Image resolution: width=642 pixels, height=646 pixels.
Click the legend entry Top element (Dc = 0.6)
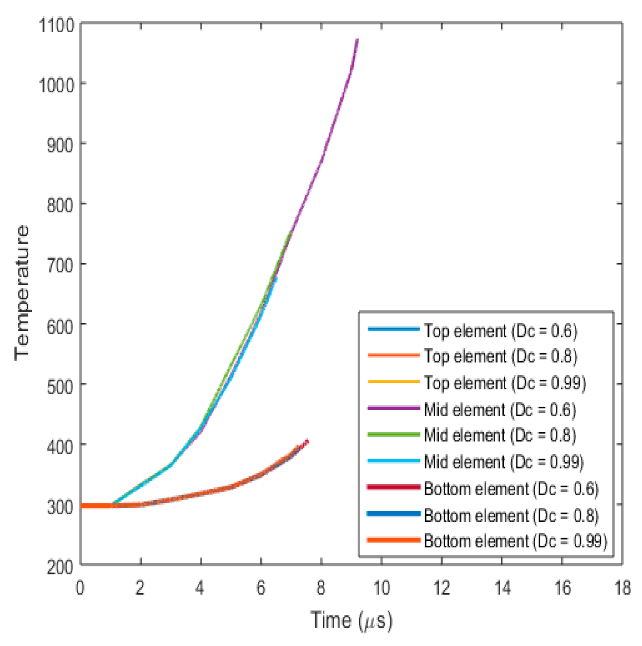pos(500,331)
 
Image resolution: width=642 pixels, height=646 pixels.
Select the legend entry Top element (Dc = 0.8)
pos(500,356)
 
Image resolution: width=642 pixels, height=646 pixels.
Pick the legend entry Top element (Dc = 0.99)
pos(505,383)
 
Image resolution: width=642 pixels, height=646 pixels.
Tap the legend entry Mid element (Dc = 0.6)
pos(500,410)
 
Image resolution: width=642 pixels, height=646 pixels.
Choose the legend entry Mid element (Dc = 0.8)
pos(500,435)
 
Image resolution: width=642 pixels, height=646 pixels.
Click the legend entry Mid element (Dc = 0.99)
pos(504,462)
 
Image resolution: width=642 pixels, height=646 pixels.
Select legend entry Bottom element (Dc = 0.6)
pos(511,489)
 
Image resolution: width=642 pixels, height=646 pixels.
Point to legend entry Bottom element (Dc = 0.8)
pos(511,516)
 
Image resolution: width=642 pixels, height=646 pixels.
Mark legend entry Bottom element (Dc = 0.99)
pos(516,541)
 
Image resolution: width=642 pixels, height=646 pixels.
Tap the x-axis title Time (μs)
pos(352,620)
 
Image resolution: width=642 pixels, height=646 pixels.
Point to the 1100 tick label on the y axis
pos(57,25)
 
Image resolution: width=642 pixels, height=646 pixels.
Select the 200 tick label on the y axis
pos(60,567)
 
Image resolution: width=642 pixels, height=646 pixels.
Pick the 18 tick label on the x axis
pos(622,588)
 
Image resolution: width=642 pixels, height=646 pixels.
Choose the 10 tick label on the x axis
pos(382,588)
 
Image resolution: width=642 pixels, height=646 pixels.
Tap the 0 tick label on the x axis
pos(80,588)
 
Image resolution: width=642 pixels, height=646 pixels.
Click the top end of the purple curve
pos(358,40)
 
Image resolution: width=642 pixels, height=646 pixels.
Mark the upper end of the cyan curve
pos(276,277)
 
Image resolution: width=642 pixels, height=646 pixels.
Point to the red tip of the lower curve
pos(308,441)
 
